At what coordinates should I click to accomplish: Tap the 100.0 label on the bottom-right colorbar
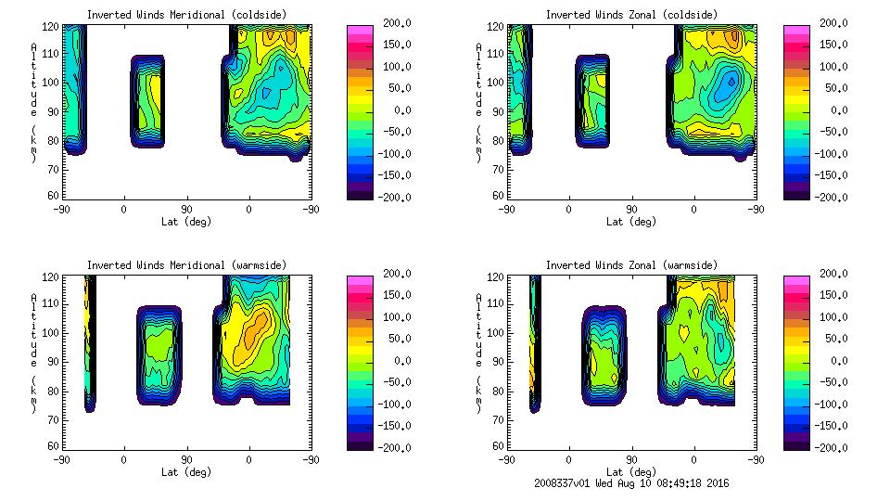(833, 316)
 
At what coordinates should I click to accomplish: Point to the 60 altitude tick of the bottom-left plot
(56, 447)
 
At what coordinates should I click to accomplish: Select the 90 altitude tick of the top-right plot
(501, 111)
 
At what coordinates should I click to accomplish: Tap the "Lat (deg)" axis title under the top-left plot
(185, 222)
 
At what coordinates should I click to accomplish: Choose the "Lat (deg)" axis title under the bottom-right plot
(631, 472)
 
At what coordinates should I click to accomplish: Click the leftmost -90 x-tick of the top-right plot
(506, 209)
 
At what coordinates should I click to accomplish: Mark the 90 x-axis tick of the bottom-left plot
(186, 459)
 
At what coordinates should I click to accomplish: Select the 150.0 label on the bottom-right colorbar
(833, 295)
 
